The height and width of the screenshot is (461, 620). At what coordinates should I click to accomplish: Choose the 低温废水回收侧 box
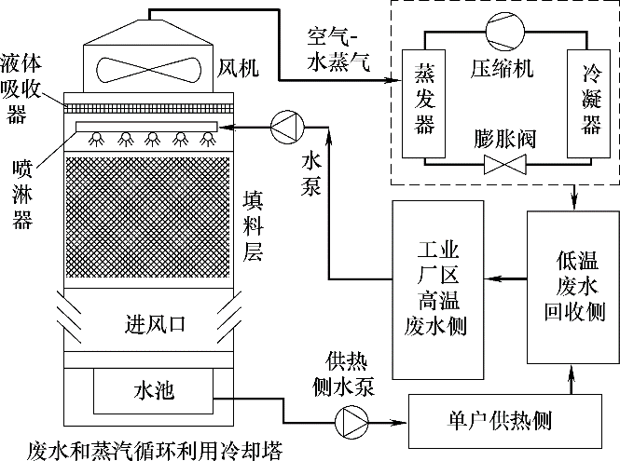(571, 286)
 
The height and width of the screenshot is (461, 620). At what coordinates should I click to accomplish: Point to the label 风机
(236, 68)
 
